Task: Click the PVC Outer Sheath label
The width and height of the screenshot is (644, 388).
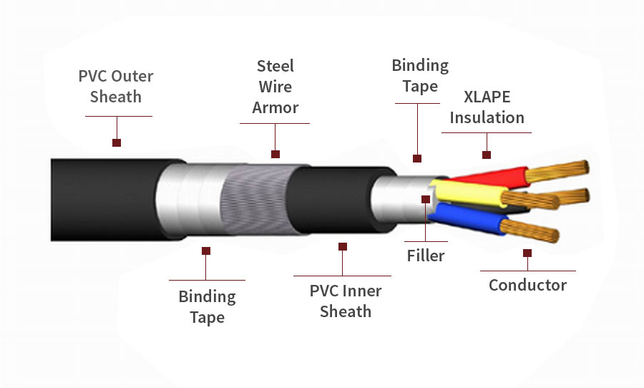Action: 116,86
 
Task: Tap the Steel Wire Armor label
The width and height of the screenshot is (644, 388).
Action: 275,87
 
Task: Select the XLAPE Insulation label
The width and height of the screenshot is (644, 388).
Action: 487,107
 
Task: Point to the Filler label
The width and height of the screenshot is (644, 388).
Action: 426,256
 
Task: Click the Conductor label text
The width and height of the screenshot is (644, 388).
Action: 527,285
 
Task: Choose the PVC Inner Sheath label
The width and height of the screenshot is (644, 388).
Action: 346,301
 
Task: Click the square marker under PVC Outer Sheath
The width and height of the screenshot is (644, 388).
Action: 117,142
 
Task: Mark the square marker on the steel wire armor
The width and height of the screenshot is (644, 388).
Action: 275,154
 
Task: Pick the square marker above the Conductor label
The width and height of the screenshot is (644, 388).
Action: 527,253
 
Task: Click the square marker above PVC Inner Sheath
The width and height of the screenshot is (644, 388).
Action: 343,246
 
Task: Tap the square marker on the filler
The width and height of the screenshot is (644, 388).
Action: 426,199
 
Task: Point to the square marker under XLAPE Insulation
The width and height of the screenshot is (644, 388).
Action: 487,155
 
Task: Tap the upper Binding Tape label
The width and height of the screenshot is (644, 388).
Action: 420,76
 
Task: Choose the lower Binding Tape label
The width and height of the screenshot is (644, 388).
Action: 207,306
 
